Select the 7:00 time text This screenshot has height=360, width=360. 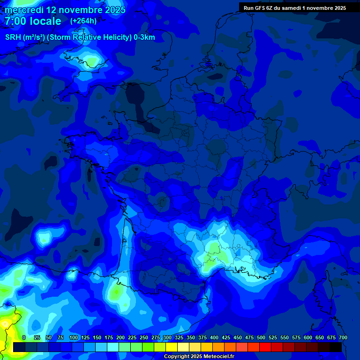click(17, 21)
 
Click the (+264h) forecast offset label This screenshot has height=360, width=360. click(83, 21)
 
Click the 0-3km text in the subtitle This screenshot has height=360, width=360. click(144, 37)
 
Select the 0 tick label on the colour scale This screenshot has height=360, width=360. click(24, 337)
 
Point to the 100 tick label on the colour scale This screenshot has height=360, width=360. click(74, 337)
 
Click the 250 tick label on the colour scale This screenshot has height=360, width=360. click(144, 337)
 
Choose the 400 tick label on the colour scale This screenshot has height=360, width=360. click(214, 337)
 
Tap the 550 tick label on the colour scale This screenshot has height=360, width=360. click(285, 337)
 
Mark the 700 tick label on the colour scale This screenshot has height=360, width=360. click(343, 337)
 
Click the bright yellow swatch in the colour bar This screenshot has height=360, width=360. click(172, 347)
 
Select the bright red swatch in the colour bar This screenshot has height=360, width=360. click(265, 347)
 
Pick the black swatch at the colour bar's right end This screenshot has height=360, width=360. click(336, 347)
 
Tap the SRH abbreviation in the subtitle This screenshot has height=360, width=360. click(13, 37)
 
